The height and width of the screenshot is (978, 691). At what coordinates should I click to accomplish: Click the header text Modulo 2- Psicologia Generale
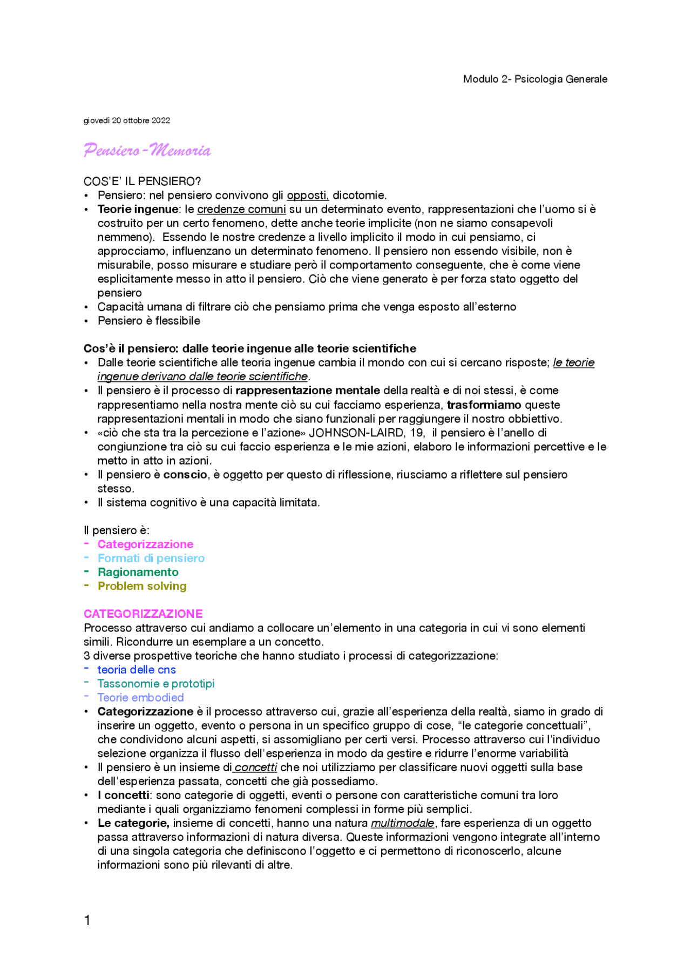pyautogui.click(x=534, y=79)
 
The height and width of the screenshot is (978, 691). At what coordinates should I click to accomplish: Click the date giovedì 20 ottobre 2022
pyautogui.click(x=127, y=120)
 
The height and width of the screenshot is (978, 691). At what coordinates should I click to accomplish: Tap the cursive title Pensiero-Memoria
pyautogui.click(x=147, y=150)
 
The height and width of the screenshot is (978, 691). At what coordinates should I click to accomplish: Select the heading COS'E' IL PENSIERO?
pyautogui.click(x=142, y=181)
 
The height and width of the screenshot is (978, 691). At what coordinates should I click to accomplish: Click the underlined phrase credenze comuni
pyautogui.click(x=241, y=210)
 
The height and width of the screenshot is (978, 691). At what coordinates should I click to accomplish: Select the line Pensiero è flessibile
pyautogui.click(x=148, y=321)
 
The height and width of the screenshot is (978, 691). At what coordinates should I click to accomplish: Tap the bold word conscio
pyautogui.click(x=185, y=475)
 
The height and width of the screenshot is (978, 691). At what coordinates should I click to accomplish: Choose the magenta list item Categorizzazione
pyautogui.click(x=145, y=544)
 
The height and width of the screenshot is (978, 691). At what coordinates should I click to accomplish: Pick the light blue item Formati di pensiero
pyautogui.click(x=151, y=558)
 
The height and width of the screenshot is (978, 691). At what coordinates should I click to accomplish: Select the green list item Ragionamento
pyautogui.click(x=138, y=572)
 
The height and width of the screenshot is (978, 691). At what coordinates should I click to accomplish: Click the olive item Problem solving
pyautogui.click(x=142, y=586)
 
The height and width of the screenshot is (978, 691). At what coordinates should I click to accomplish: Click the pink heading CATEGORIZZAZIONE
pyautogui.click(x=143, y=614)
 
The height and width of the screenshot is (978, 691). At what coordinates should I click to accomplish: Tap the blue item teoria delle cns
pyautogui.click(x=137, y=670)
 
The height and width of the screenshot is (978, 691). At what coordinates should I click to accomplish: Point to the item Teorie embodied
pyautogui.click(x=140, y=698)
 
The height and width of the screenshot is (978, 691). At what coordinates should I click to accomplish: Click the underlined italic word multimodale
pyautogui.click(x=402, y=824)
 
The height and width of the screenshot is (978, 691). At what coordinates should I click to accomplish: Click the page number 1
pyautogui.click(x=87, y=921)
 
